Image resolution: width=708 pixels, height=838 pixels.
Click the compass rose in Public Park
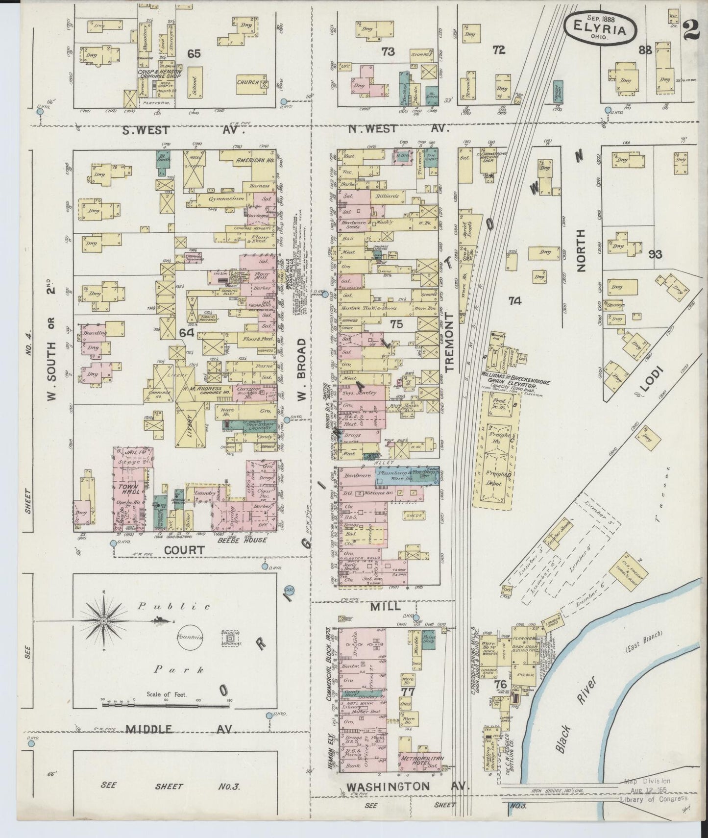[104, 621]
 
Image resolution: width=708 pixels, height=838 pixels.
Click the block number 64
[187, 333]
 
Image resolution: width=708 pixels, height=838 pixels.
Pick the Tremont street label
[450, 342]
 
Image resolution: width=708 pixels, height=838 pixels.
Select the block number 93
[655, 254]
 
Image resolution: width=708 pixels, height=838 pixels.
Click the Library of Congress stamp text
[654, 799]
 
